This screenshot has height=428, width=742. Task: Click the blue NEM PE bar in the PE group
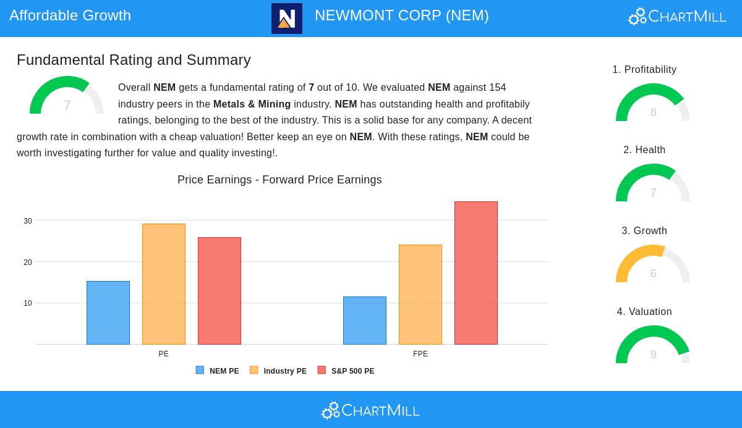click(108, 313)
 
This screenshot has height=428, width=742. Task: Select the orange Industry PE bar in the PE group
click(164, 284)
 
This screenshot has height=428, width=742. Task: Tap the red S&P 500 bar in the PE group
click(220, 291)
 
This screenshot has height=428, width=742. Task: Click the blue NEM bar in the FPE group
click(365, 321)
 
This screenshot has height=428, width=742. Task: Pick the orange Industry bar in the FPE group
click(420, 295)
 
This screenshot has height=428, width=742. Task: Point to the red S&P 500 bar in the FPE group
click(476, 273)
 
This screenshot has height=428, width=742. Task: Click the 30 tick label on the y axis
click(28, 221)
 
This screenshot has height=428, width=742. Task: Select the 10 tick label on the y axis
click(28, 303)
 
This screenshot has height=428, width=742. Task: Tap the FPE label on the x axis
click(420, 354)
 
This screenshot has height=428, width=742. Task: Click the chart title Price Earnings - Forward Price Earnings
click(279, 180)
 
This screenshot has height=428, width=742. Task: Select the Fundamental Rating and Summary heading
click(134, 60)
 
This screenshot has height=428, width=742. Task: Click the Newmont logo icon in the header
click(287, 19)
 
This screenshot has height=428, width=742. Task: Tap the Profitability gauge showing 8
click(653, 103)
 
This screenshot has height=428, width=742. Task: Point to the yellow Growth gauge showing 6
click(653, 264)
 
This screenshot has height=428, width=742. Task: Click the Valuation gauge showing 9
click(653, 345)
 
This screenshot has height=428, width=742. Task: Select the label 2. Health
click(644, 150)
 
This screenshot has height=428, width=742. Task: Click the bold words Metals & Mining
click(252, 104)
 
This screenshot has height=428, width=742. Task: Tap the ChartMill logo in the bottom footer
click(371, 410)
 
